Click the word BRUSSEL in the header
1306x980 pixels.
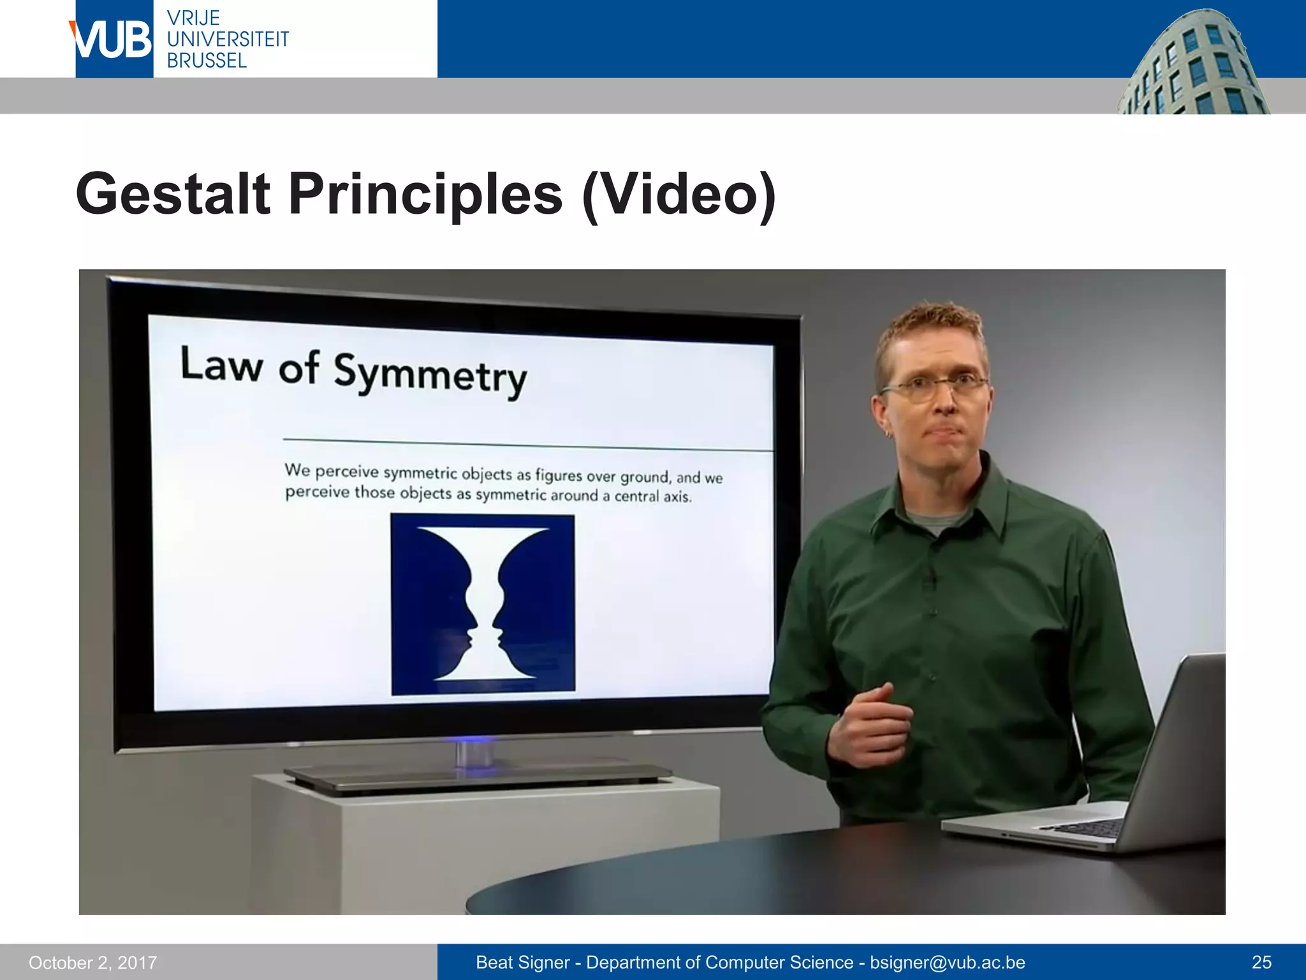207,61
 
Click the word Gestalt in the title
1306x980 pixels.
173,194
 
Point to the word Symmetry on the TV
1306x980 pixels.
430,375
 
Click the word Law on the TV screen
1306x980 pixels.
221,365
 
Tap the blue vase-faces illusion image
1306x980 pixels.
483,604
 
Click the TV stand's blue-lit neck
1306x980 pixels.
473,753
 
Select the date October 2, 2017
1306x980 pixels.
92,962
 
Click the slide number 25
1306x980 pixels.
1261,962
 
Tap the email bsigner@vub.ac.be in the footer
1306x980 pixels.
947,962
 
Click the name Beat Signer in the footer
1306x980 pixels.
523,962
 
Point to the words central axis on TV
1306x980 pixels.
652,496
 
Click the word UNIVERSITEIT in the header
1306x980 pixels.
228,40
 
